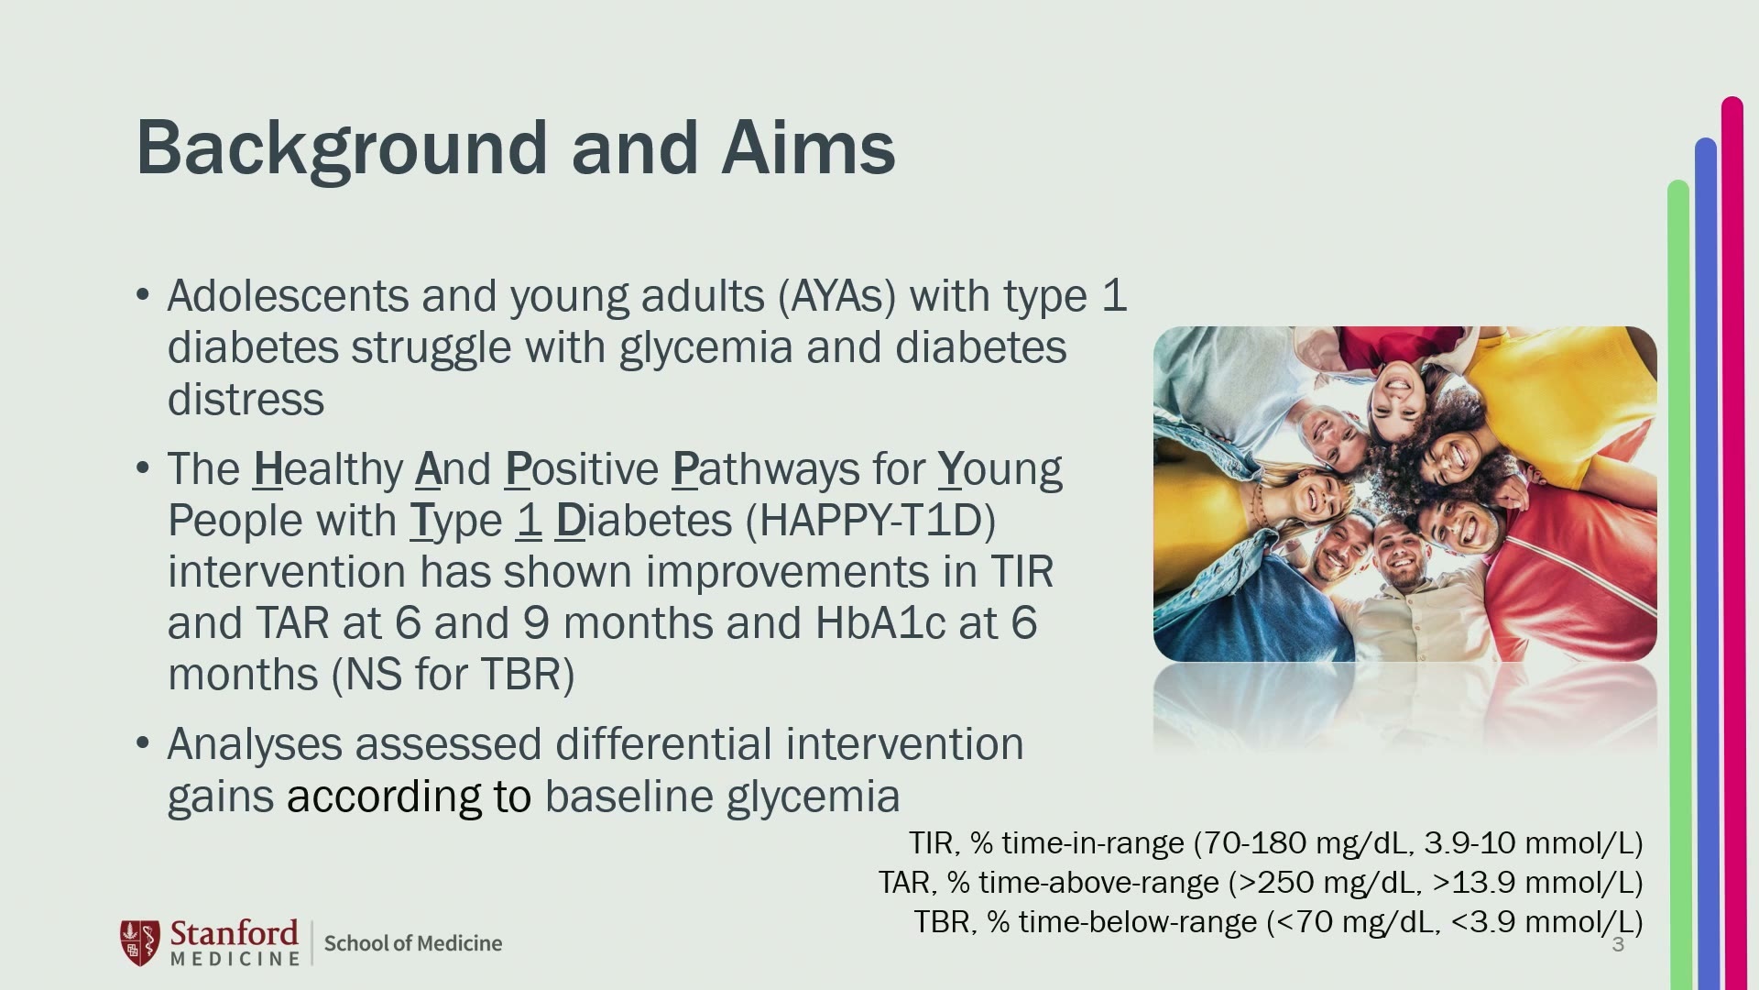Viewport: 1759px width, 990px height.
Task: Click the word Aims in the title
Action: [808, 148]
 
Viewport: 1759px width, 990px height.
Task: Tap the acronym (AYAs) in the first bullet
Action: [836, 297]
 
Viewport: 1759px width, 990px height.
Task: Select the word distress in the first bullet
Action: [246, 400]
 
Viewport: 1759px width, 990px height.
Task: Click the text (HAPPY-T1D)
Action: [870, 521]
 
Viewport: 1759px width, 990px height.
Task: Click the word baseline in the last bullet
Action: [628, 796]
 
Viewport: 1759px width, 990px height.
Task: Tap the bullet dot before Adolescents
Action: [142, 295]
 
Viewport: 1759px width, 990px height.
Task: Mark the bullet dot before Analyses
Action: [142, 742]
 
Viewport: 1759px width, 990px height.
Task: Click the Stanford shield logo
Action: [140, 942]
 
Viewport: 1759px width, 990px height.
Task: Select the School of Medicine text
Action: [413, 943]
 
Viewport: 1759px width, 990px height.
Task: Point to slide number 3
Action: [1618, 945]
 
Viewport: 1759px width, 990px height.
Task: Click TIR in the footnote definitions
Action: [931, 842]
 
